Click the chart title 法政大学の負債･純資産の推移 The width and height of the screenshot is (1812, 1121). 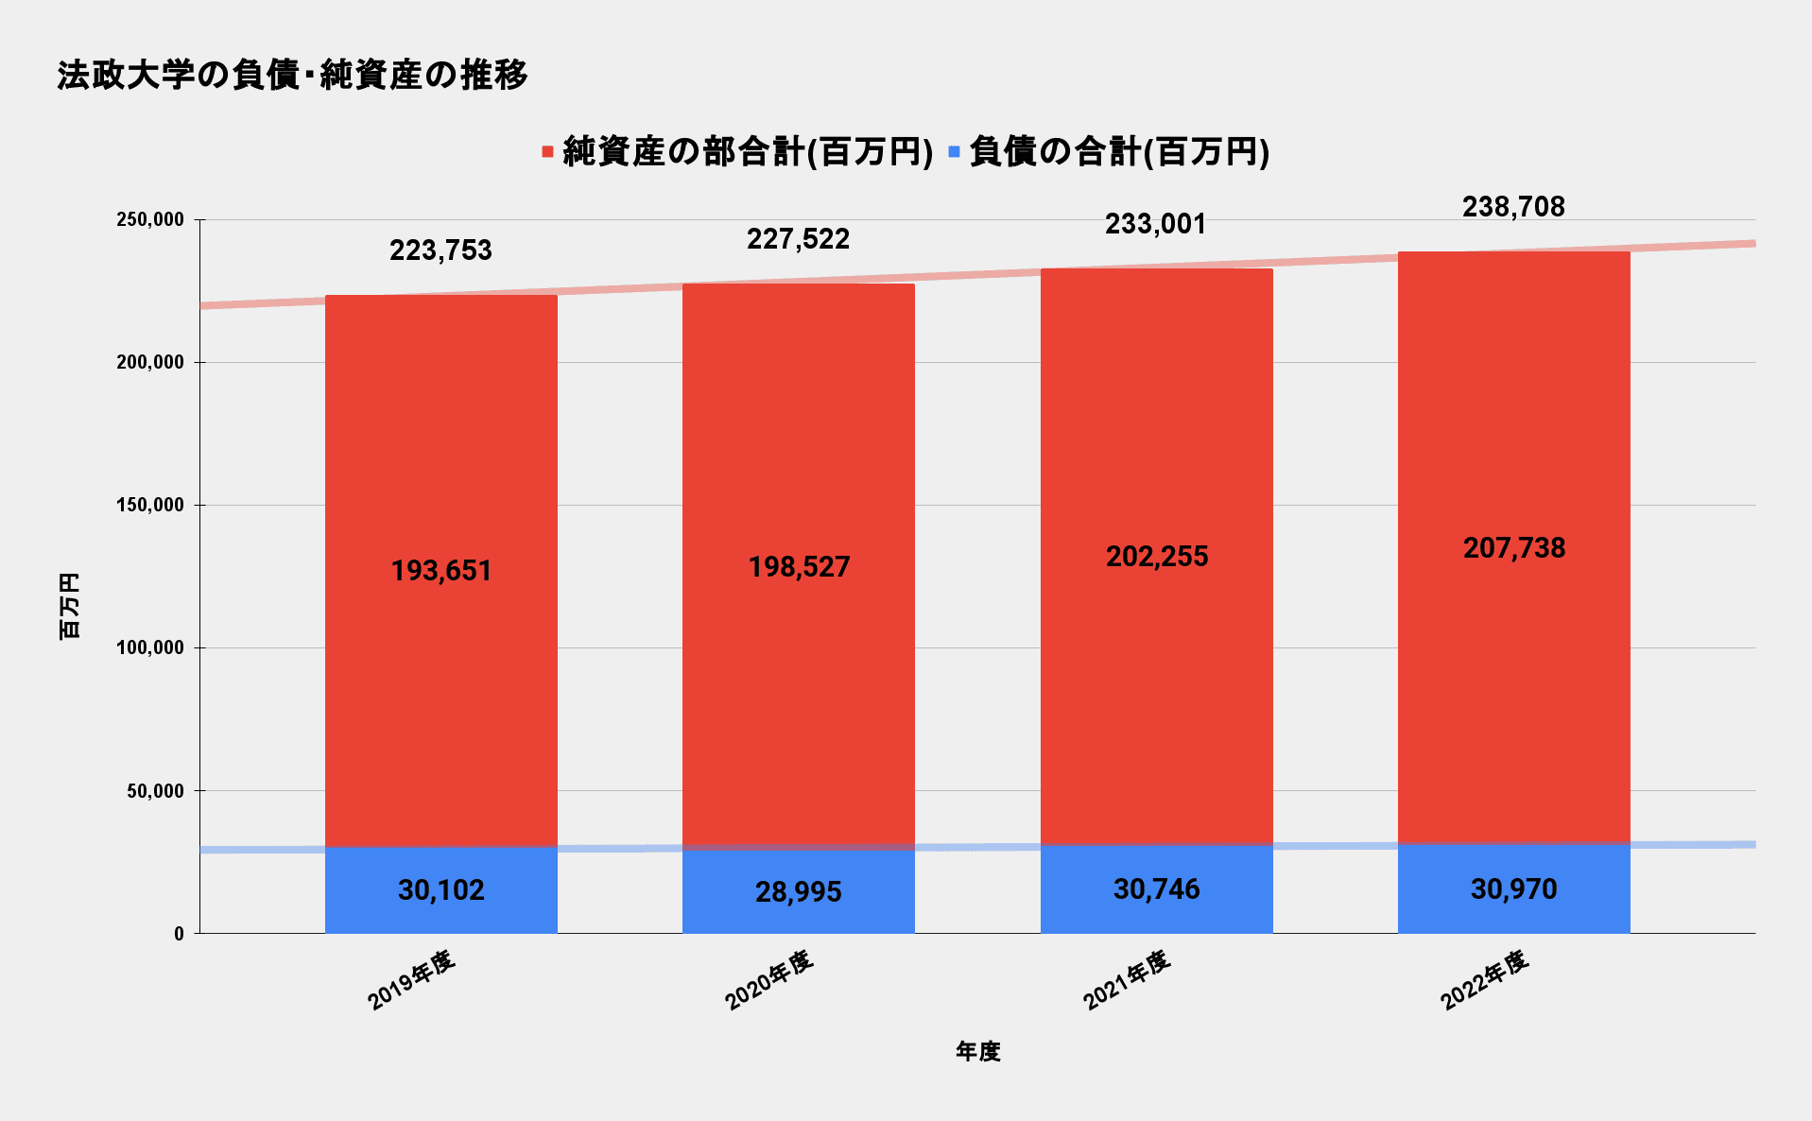click(292, 76)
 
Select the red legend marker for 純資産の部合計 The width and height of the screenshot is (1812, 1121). click(547, 152)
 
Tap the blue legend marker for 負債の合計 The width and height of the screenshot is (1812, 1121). click(954, 152)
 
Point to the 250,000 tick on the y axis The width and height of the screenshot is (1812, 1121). click(149, 220)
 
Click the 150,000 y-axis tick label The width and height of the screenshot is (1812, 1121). click(149, 506)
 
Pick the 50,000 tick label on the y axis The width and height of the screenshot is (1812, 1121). click(155, 791)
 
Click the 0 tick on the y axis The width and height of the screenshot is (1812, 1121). click(179, 934)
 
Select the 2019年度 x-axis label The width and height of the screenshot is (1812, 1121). click(411, 980)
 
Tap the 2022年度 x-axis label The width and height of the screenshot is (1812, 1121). click(1484, 980)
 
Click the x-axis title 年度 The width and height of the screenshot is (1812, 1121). click(977, 1051)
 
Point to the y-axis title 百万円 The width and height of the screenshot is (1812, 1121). click(70, 606)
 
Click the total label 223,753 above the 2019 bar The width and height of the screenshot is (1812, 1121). click(440, 250)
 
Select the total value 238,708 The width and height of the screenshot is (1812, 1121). click(1513, 207)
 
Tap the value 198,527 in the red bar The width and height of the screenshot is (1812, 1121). click(799, 567)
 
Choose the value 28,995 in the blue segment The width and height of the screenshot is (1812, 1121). click(799, 892)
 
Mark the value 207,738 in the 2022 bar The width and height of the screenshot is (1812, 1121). click(1513, 548)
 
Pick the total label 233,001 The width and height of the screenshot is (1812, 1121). click(1156, 224)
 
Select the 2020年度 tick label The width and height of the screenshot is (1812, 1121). click(768, 980)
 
